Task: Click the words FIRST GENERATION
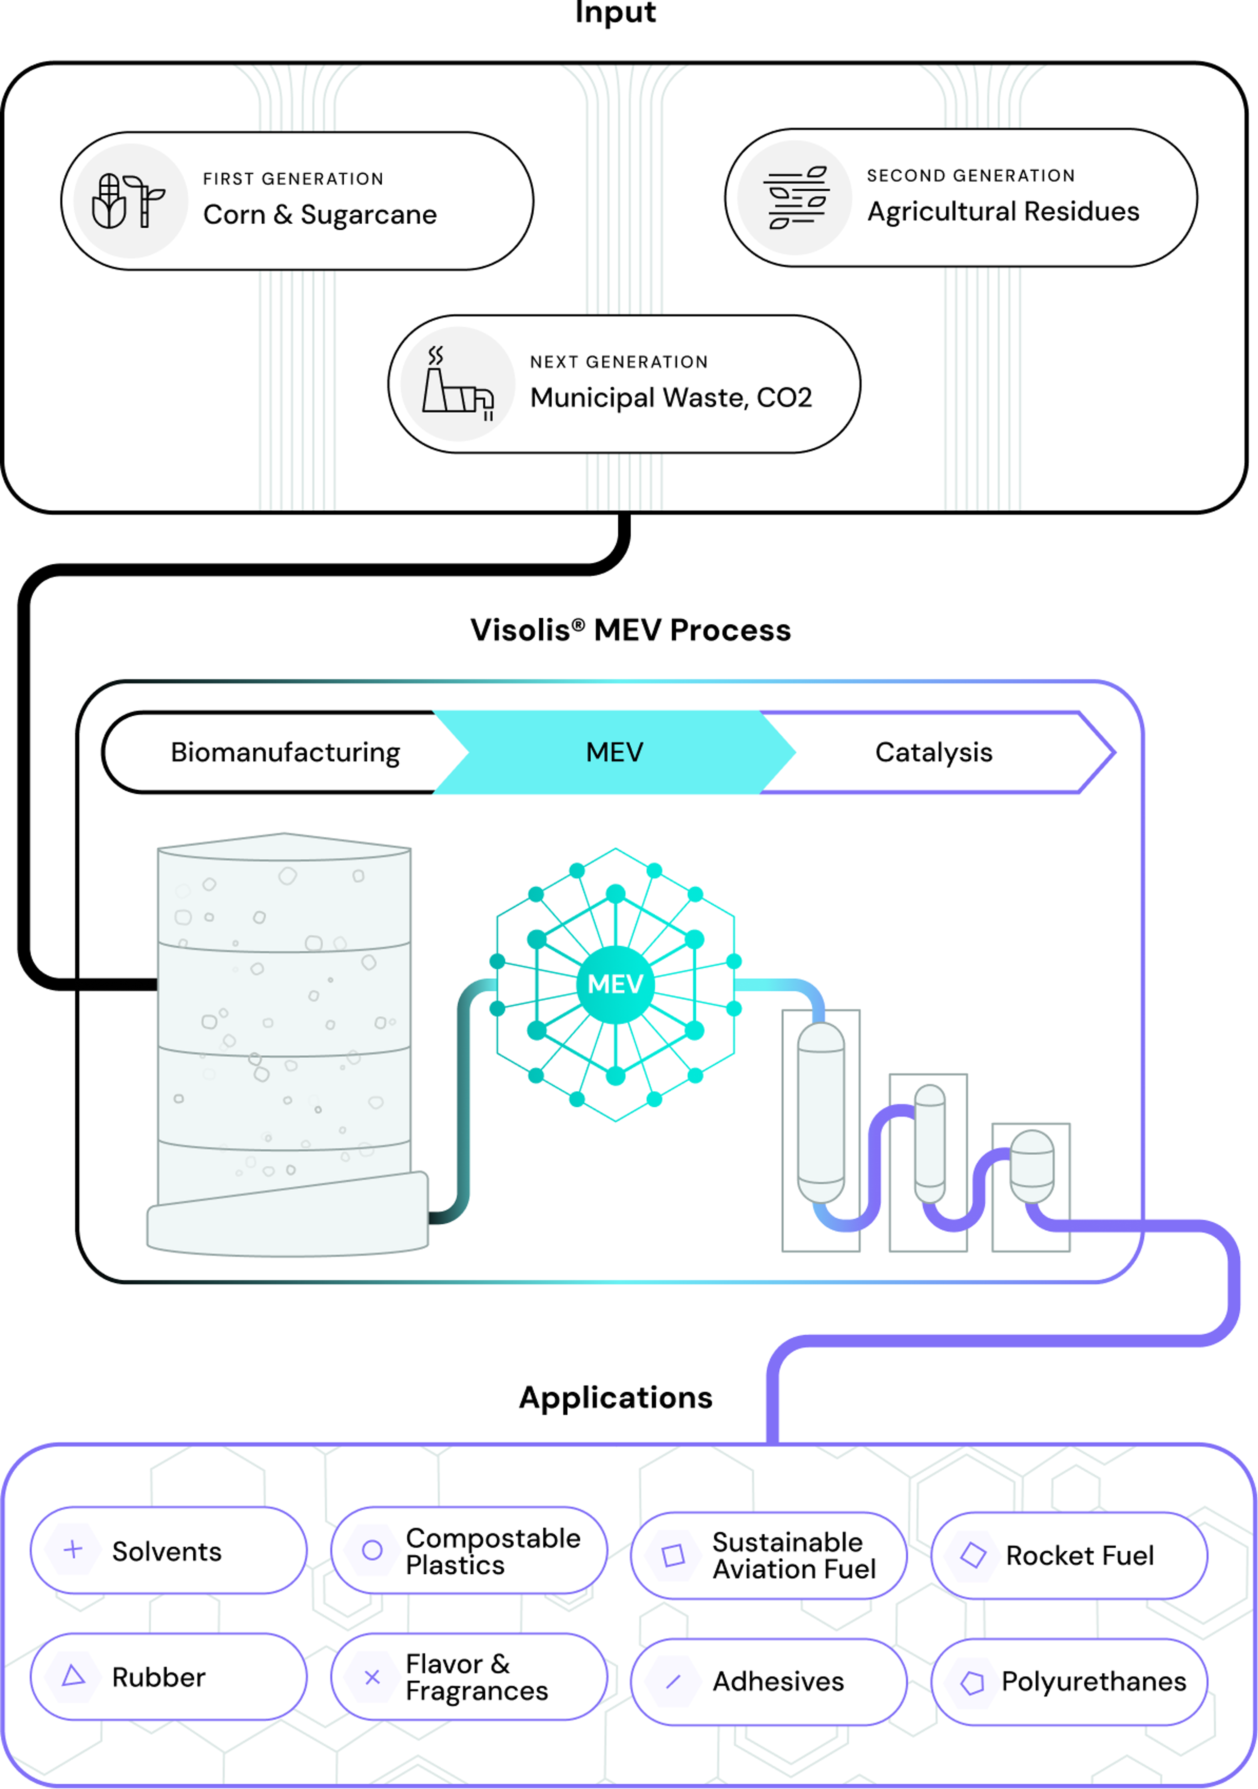(x=293, y=179)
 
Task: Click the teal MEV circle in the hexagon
(x=615, y=984)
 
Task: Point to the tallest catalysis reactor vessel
(x=821, y=1113)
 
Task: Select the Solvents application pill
(x=168, y=1551)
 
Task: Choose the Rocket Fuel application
(x=1069, y=1555)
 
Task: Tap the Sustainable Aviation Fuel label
(x=793, y=1555)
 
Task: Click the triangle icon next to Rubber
(x=73, y=1676)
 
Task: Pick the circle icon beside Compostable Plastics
(x=372, y=1550)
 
